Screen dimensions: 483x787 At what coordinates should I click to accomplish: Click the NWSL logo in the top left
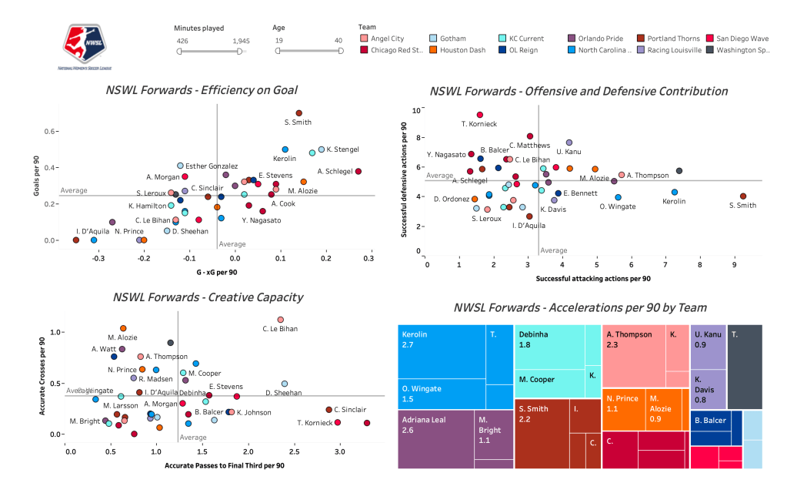(x=85, y=47)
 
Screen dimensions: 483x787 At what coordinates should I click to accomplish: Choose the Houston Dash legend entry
(x=433, y=50)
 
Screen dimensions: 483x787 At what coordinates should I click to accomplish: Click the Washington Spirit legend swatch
(x=709, y=50)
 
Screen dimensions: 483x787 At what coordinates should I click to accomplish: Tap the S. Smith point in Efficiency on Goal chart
(x=299, y=113)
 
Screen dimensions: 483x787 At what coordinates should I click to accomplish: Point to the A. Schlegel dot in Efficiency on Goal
(x=358, y=171)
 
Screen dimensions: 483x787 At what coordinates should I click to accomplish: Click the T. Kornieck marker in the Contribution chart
(x=480, y=115)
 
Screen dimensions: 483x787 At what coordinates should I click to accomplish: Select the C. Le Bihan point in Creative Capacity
(x=280, y=320)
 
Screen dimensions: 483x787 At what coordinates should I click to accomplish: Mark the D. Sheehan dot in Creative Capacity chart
(x=285, y=383)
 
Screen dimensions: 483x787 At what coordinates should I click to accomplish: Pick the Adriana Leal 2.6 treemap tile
(x=437, y=439)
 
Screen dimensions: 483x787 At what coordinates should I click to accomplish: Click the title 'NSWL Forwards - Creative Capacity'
(x=208, y=297)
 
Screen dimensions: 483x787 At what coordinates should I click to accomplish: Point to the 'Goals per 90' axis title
(x=37, y=168)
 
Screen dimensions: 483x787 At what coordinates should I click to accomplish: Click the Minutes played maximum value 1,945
(x=240, y=39)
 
